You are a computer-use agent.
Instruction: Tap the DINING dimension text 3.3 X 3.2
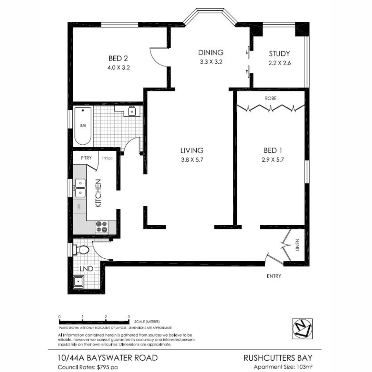210,62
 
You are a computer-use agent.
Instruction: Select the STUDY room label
279,54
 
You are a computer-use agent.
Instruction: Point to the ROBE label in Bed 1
270,98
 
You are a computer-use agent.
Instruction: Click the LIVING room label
192,150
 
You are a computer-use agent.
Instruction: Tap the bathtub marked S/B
83,126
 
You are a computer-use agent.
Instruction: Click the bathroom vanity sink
132,111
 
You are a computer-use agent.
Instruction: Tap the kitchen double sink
80,188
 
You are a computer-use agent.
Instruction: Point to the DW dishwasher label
79,207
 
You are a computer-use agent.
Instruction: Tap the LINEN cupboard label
297,245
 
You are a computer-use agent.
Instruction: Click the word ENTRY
274,276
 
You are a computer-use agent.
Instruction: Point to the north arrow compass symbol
302,327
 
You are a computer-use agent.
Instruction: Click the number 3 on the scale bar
128,317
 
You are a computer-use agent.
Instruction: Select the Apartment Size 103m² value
305,367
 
